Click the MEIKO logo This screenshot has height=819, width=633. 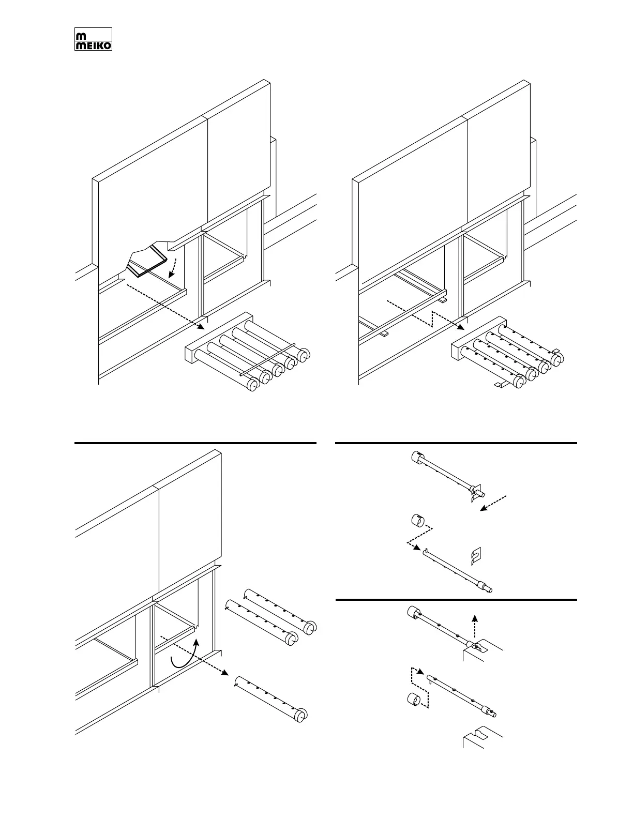(x=93, y=39)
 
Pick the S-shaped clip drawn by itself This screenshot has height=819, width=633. (x=476, y=555)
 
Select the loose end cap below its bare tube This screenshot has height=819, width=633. (x=414, y=700)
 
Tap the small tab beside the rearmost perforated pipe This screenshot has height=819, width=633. (x=556, y=351)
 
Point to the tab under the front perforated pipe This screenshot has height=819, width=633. (x=500, y=384)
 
